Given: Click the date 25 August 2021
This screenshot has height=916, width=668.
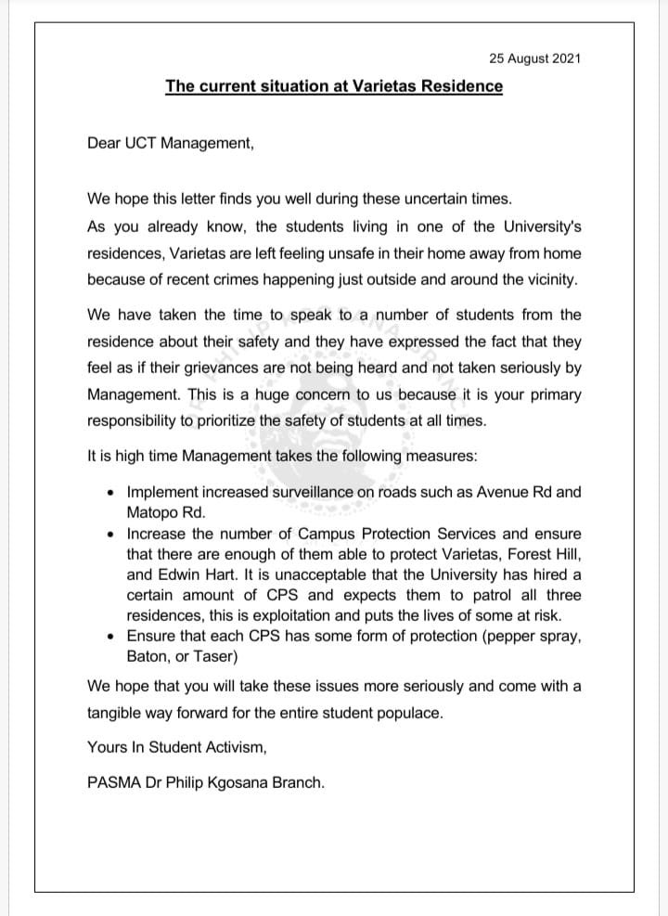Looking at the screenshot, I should tap(534, 58).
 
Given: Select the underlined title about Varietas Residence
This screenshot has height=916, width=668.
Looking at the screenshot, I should tap(334, 86).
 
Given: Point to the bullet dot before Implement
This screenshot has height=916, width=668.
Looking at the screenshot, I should tap(111, 492).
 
